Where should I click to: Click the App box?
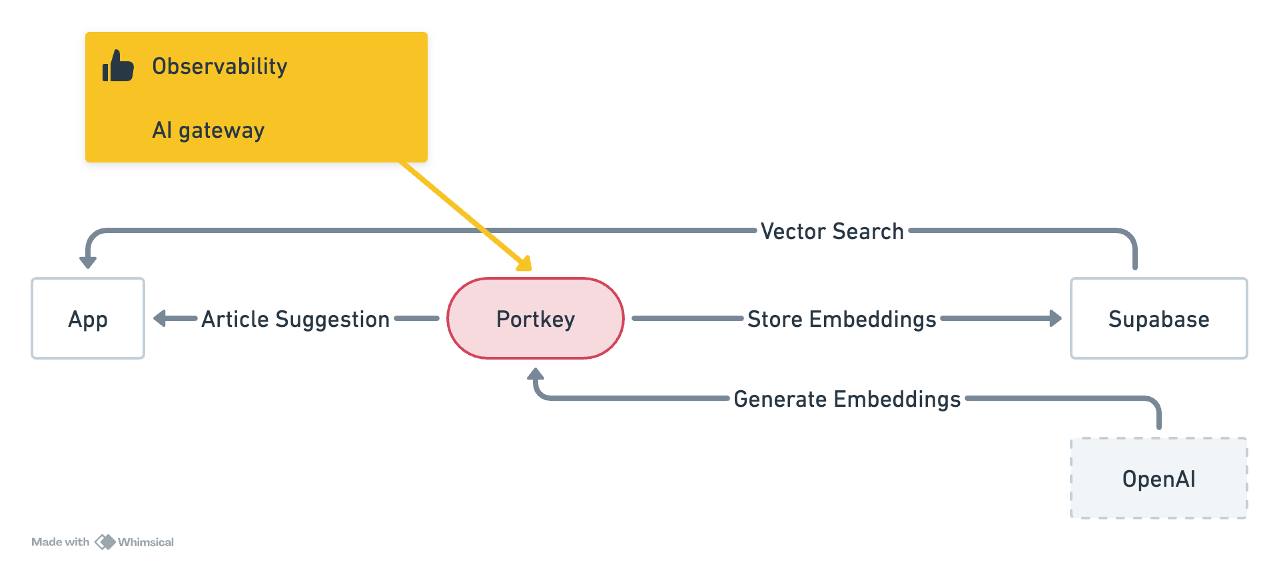click(x=88, y=319)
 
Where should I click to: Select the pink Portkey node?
click(x=536, y=319)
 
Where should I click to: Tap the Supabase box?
click(x=1158, y=319)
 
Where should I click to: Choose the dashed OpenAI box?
click(x=1158, y=478)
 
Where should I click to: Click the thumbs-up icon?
click(x=118, y=66)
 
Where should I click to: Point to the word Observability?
click(x=220, y=67)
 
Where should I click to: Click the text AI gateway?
click(x=208, y=130)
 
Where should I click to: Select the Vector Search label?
click(x=832, y=231)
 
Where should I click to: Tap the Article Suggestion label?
click(x=295, y=319)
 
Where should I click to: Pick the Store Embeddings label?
click(x=841, y=319)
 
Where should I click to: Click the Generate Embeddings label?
click(x=847, y=399)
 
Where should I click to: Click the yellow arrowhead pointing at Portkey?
click(x=526, y=264)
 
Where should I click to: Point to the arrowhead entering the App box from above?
click(x=88, y=262)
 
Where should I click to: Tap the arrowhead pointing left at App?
click(x=160, y=319)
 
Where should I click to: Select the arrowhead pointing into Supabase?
click(x=1055, y=319)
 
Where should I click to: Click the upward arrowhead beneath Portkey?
click(x=536, y=375)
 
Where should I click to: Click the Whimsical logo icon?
click(x=105, y=542)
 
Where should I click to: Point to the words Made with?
click(x=60, y=542)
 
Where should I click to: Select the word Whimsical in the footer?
click(x=146, y=542)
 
